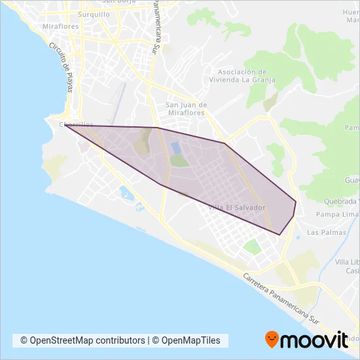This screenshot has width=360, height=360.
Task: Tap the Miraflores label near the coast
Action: click(60, 26)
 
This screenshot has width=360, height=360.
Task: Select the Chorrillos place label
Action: click(76, 124)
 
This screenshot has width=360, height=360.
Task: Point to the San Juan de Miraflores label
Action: click(186, 108)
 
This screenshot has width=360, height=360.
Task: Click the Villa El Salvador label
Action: click(236, 207)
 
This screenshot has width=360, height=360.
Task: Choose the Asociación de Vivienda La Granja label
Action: click(247, 75)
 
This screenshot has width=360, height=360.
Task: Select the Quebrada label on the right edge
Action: click(338, 201)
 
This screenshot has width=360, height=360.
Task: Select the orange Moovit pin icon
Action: click(272, 339)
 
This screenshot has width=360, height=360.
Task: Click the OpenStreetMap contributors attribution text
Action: click(83, 340)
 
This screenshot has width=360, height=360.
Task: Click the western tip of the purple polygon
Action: click(65, 125)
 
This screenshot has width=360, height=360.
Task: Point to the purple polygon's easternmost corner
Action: click(296, 202)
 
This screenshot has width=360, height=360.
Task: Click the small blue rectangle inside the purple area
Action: click(176, 147)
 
